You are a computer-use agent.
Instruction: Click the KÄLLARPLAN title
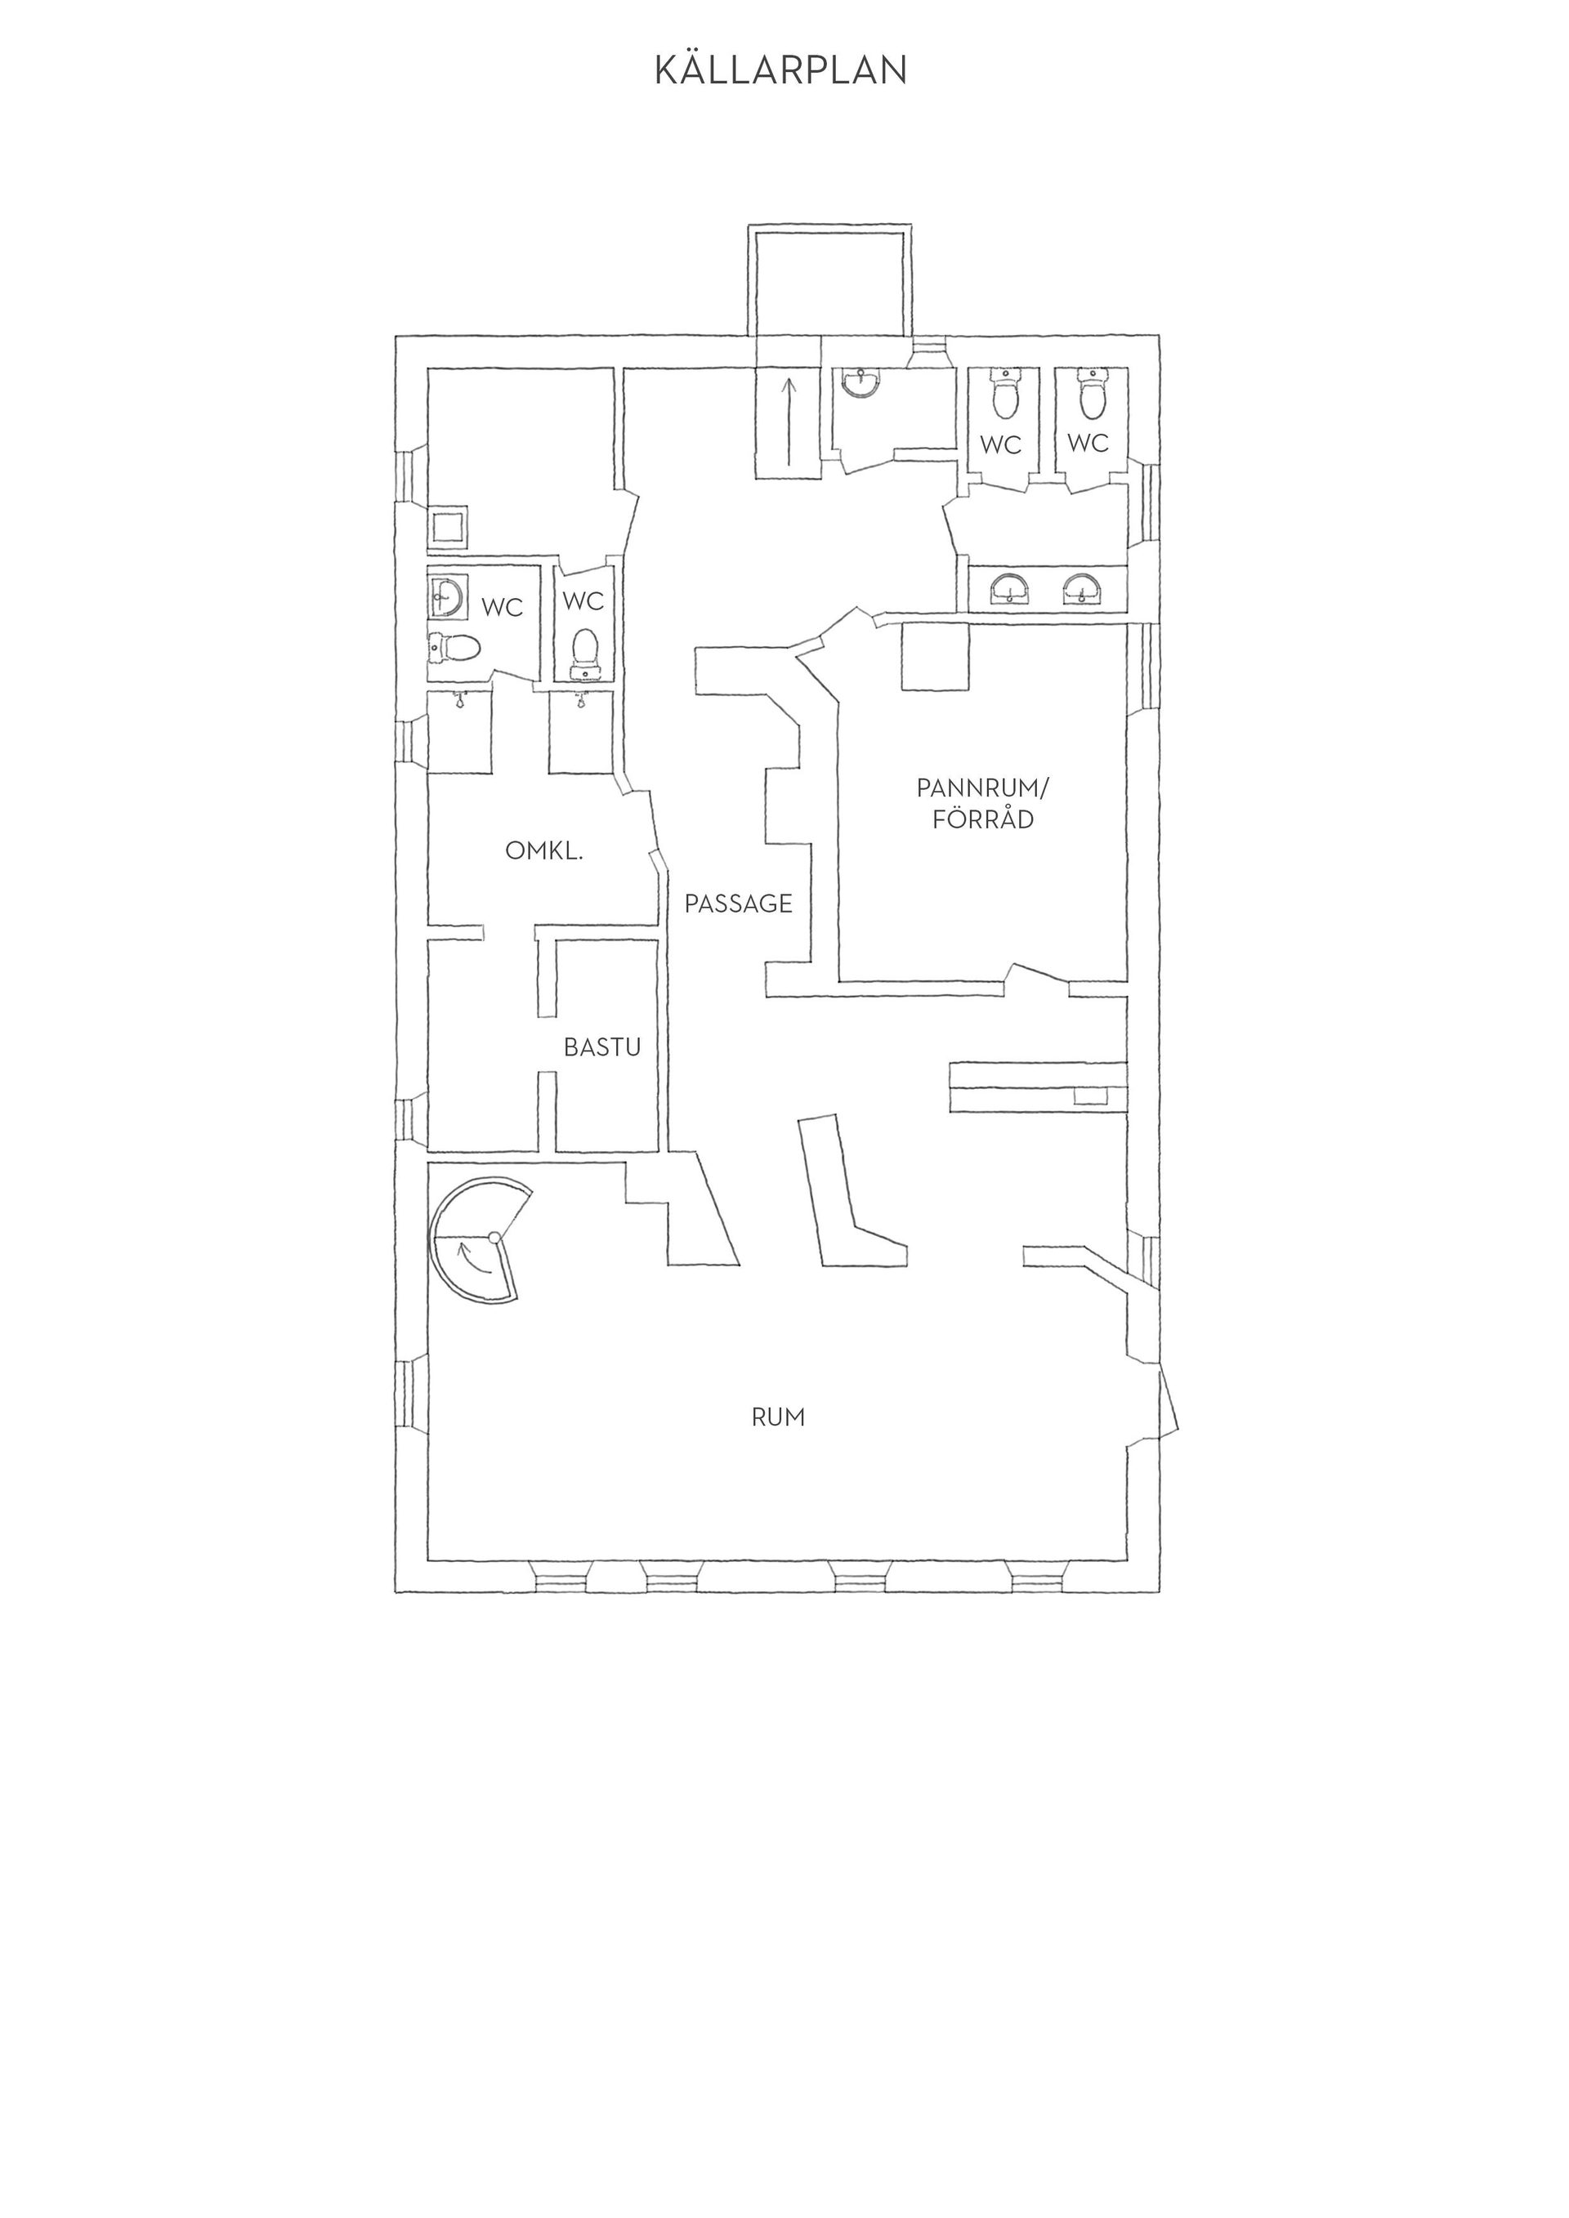click(780, 69)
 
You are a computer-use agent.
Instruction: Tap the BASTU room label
click(603, 1047)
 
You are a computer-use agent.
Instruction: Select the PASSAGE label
click(738, 904)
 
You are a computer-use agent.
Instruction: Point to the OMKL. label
click(544, 851)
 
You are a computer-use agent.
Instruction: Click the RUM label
click(779, 1417)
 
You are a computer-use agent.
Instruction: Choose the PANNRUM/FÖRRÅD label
click(981, 804)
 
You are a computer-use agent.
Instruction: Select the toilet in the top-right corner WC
click(1092, 393)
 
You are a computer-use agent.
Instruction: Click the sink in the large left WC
click(446, 596)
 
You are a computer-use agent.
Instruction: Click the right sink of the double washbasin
click(1083, 588)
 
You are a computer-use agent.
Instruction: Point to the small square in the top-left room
click(449, 528)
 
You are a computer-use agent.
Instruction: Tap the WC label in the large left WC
click(503, 608)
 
